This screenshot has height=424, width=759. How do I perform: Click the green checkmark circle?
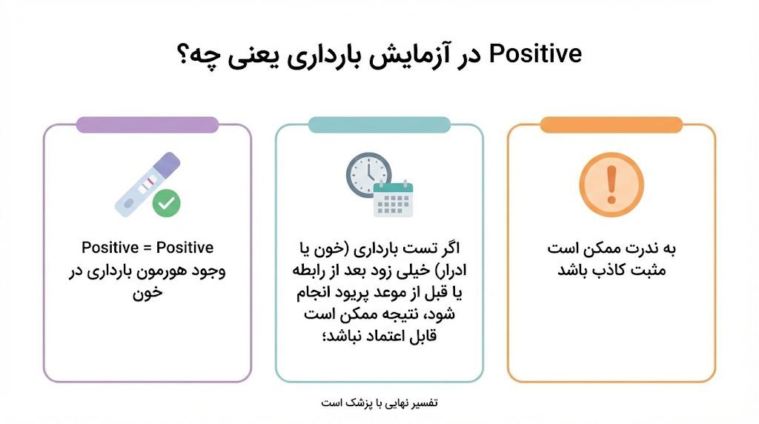click(167, 202)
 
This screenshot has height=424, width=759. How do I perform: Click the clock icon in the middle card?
click(368, 175)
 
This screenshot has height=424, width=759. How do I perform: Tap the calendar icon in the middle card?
click(393, 198)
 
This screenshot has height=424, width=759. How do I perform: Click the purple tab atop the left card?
click(148, 125)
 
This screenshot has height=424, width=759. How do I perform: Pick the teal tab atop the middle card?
click(379, 125)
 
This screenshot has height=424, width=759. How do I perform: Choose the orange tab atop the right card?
click(611, 125)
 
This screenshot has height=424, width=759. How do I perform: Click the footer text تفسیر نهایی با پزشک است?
click(379, 403)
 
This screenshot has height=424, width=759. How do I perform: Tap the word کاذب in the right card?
click(599, 271)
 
